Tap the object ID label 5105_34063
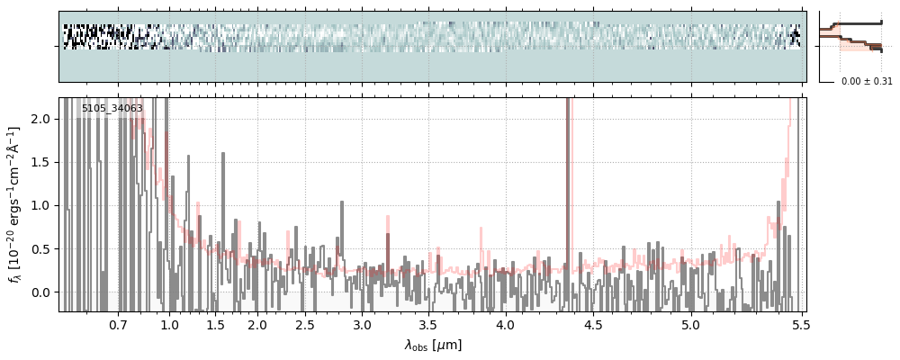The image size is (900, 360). point(112,109)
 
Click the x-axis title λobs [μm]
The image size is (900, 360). point(433,344)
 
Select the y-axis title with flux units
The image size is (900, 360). point(15,205)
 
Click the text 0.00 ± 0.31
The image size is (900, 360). point(867,81)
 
